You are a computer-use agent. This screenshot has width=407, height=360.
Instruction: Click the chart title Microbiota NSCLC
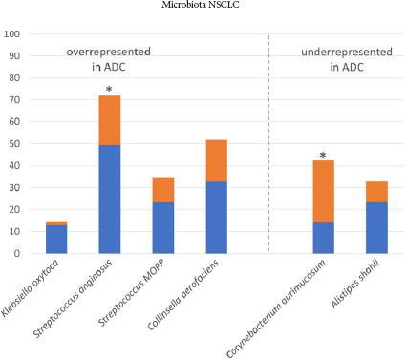click(203, 6)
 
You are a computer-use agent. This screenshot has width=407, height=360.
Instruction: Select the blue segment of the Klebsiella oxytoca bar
click(56, 240)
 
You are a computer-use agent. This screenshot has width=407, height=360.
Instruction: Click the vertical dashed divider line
click(269, 143)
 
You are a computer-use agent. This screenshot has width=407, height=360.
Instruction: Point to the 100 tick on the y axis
click(12, 34)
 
